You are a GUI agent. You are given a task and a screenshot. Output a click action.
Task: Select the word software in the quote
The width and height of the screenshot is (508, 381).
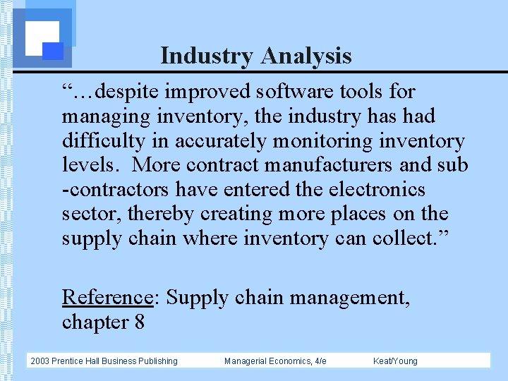[291, 92]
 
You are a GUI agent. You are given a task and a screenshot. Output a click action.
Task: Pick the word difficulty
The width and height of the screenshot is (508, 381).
[104, 141]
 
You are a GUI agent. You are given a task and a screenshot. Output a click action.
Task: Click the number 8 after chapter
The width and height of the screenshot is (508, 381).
[138, 322]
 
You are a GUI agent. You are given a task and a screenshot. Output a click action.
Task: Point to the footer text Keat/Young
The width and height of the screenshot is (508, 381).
[395, 361]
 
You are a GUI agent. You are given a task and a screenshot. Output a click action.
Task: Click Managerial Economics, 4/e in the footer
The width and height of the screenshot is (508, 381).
[275, 361]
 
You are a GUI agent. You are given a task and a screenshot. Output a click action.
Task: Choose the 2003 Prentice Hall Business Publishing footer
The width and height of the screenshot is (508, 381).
[104, 361]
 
